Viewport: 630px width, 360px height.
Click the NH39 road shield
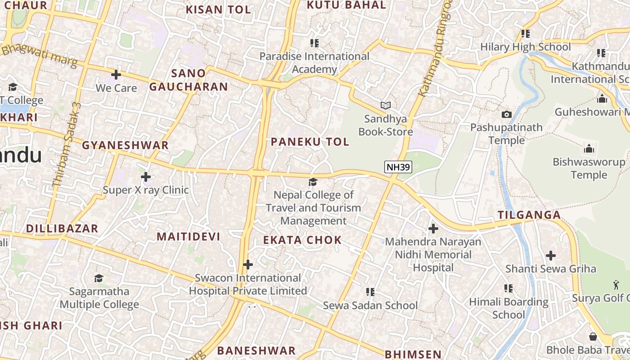(398, 167)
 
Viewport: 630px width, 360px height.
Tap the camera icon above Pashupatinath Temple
(507, 114)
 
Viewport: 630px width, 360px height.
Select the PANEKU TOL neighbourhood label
(310, 142)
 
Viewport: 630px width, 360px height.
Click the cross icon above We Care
(116, 74)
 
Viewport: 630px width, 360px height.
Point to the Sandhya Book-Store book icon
(385, 105)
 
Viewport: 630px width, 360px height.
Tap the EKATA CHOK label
(302, 240)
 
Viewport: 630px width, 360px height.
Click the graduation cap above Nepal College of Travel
(313, 182)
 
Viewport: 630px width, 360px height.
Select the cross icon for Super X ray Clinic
(145, 177)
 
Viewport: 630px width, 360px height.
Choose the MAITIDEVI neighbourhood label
(188, 237)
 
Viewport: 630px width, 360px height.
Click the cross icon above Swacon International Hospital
(247, 265)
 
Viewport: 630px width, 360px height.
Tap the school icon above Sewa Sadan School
(370, 292)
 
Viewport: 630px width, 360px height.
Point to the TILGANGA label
(530, 215)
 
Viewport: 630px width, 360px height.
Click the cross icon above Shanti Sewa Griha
(551, 256)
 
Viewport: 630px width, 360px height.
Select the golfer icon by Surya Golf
(616, 284)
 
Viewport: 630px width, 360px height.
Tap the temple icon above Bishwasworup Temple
(589, 148)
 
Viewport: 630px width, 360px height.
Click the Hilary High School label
(525, 47)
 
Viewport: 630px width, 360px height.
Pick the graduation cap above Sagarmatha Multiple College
(99, 278)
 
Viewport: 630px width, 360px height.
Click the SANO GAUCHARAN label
(189, 80)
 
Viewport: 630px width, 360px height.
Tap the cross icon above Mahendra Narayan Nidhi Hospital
(433, 229)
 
